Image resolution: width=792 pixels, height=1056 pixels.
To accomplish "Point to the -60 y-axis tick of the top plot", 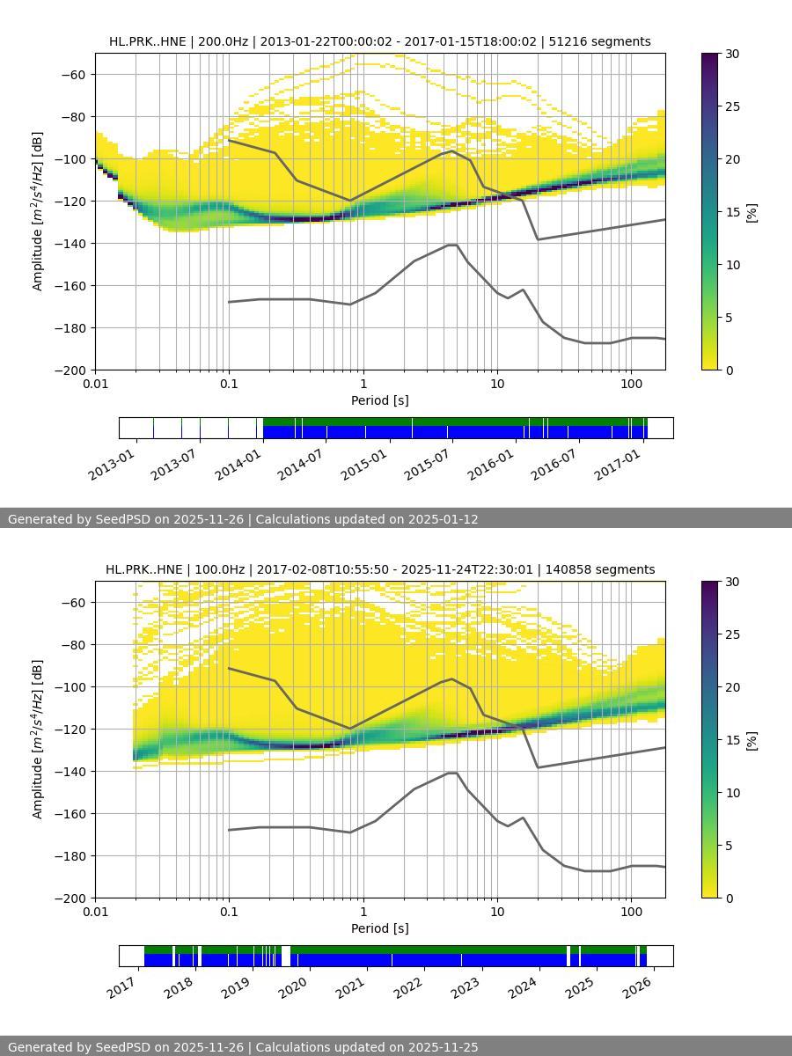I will [x=73, y=74].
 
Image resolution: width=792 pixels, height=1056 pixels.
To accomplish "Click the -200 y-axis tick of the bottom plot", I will [x=70, y=898].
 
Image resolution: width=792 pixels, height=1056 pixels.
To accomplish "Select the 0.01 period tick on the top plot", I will [x=95, y=383].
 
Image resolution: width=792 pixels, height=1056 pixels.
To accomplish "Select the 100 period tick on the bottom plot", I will [x=630, y=911].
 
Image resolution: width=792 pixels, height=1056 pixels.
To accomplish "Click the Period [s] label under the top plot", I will [x=379, y=400].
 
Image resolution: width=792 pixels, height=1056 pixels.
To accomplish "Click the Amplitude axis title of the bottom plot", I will [x=38, y=739].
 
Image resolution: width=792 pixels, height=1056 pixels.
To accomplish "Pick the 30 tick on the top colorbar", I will [x=731, y=54].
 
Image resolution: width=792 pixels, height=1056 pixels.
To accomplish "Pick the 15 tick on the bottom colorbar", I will [x=731, y=740].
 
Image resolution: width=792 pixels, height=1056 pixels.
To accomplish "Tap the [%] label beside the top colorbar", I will [x=752, y=212].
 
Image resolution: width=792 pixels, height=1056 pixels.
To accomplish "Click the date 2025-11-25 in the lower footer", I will [x=444, y=1047].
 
